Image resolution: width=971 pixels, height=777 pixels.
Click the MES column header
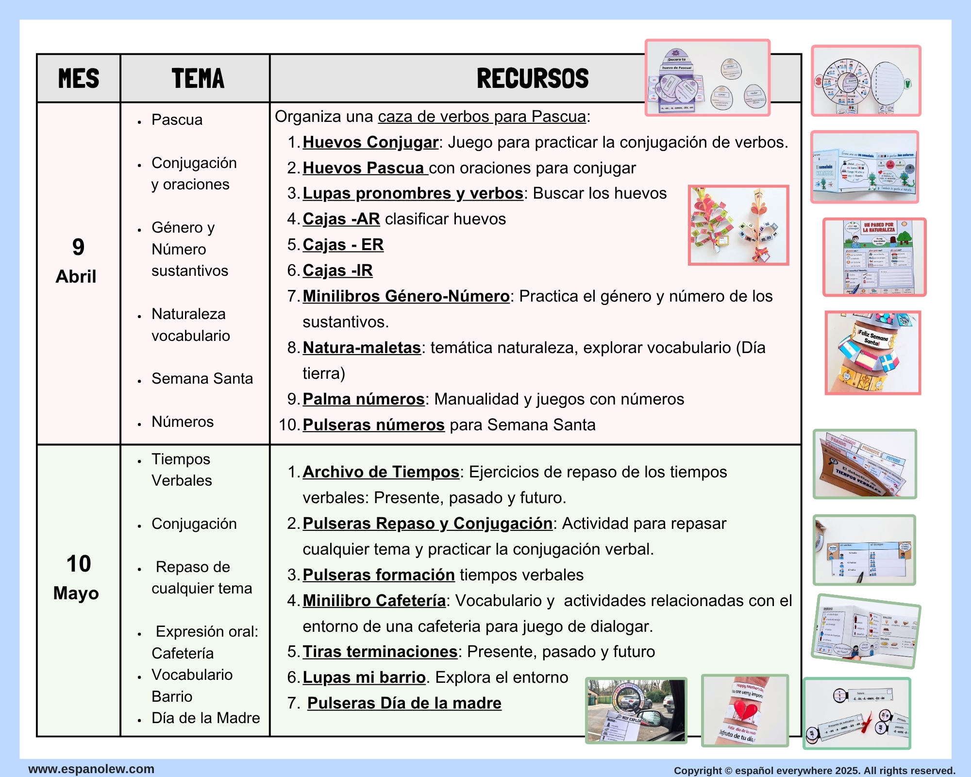(79, 78)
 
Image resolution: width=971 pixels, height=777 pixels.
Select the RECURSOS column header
(533, 78)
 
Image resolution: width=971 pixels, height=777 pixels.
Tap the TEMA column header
(198, 78)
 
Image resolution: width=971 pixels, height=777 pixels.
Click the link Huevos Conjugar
(370, 142)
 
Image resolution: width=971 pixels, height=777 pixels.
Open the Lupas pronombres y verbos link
(413, 193)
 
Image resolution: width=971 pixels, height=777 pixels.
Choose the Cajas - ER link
(343, 245)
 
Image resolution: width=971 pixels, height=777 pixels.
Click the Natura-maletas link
(362, 348)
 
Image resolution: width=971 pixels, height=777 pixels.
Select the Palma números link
(364, 399)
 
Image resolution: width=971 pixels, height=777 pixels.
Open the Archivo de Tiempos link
(381, 472)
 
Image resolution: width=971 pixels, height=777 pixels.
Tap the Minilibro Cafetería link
(374, 601)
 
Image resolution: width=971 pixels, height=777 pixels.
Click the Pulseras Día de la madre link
(404, 703)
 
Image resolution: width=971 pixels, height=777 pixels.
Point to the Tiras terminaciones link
(380, 652)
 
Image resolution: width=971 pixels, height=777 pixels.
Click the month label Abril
(76, 276)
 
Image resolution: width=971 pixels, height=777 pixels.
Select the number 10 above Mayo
(79, 564)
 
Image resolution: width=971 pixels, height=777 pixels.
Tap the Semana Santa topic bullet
(202, 378)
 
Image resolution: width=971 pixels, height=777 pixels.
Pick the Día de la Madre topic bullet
(205, 718)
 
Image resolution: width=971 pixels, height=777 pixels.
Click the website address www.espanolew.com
(91, 769)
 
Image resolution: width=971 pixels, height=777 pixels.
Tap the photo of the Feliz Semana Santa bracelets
(872, 353)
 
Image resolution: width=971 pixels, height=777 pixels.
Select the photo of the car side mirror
(636, 710)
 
